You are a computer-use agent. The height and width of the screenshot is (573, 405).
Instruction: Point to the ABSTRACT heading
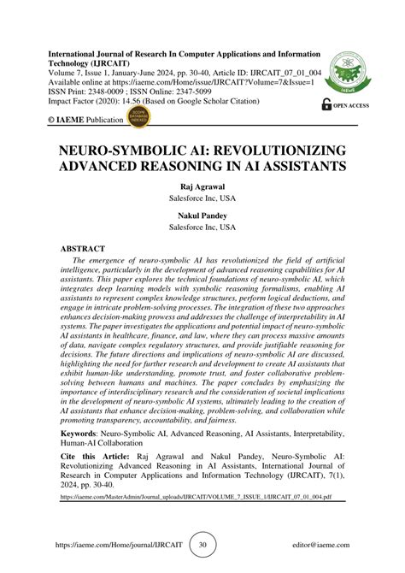88,247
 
